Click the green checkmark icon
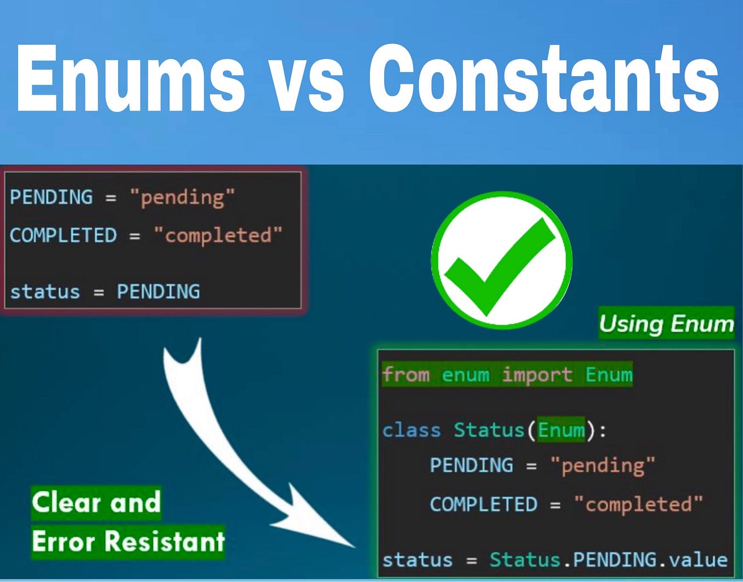501,260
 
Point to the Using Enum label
666,323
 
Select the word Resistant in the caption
164,541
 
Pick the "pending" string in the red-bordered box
182,197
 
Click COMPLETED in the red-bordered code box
63,235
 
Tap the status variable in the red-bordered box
45,292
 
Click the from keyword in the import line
406,375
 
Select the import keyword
537,375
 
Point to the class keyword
411,430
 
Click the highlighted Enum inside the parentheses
561,430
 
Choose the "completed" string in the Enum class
638,504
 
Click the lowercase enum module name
465,375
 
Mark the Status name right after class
489,430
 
